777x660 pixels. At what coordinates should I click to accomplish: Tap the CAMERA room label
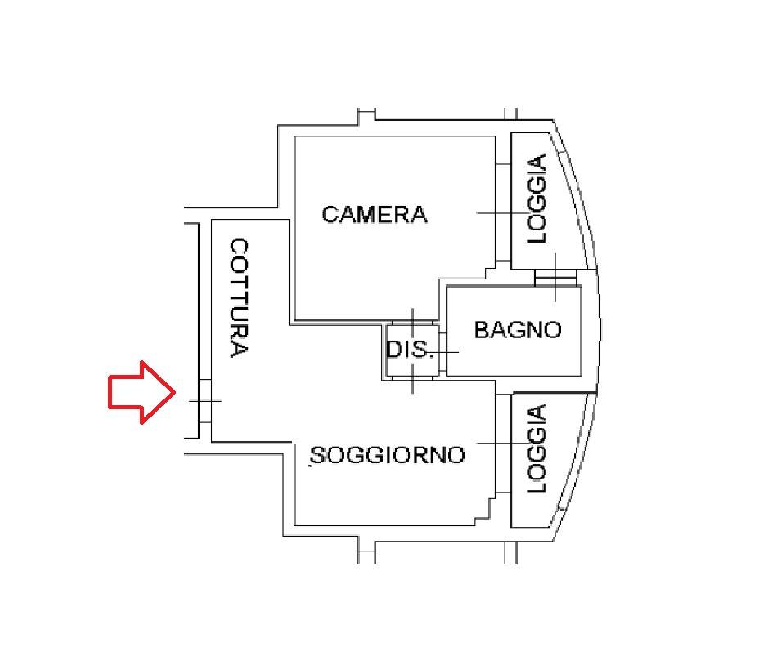click(x=374, y=215)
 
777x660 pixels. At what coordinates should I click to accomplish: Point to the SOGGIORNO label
click(x=388, y=454)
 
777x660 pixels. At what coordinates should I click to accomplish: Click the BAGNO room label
click(x=518, y=330)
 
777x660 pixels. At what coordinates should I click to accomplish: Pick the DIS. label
click(x=408, y=350)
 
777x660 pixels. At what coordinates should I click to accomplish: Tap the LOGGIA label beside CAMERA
click(x=537, y=198)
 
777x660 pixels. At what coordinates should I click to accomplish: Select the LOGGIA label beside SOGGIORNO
click(x=537, y=448)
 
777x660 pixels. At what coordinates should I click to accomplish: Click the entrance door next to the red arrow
click(x=204, y=401)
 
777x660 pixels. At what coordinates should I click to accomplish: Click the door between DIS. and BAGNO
click(x=442, y=352)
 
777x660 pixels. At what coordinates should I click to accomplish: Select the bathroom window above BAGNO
click(x=555, y=279)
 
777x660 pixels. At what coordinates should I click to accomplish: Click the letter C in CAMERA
click(x=330, y=215)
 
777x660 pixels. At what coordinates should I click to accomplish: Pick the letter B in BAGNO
click(x=482, y=330)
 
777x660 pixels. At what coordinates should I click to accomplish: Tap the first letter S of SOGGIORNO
click(x=318, y=455)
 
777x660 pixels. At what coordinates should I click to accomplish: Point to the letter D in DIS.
click(x=393, y=350)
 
